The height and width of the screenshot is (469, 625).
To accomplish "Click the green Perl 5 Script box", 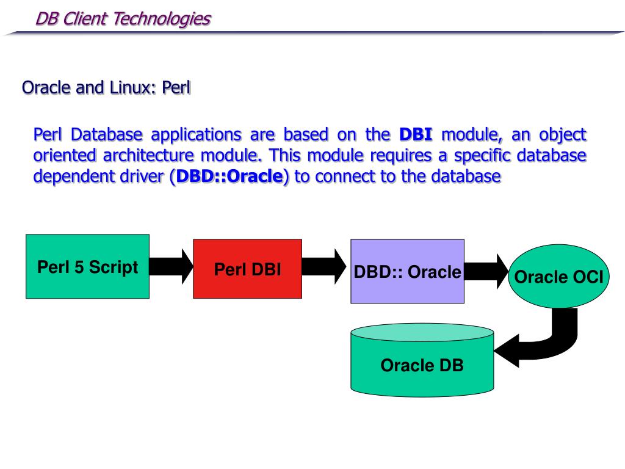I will click(x=87, y=266).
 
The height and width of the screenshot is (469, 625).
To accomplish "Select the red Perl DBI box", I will click(x=247, y=269).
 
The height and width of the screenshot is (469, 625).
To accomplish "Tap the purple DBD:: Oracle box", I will click(x=407, y=271).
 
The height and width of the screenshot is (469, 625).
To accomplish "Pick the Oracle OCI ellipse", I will click(x=558, y=277).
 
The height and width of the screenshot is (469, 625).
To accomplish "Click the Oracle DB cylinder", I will click(x=422, y=365).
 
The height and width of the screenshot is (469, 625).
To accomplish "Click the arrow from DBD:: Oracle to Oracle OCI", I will click(x=486, y=271).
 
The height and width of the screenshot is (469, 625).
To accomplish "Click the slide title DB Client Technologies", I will click(x=123, y=19).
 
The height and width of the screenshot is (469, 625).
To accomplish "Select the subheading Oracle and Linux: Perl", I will click(x=106, y=88).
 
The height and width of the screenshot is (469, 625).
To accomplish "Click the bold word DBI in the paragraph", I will click(x=415, y=134).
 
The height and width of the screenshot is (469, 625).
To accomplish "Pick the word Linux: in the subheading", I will click(x=133, y=88).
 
